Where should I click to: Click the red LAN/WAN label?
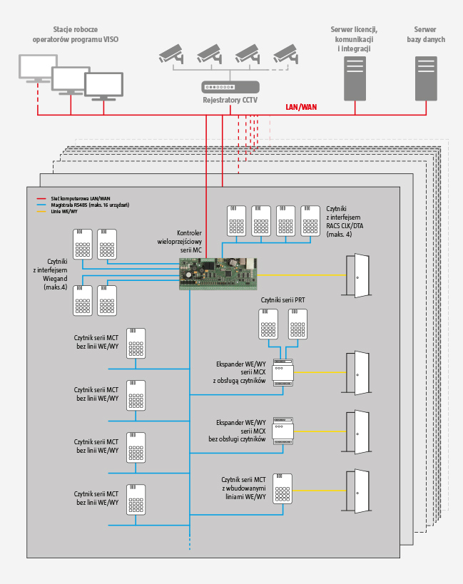(301, 107)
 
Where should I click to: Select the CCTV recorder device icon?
(230, 88)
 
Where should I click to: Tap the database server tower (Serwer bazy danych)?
(426, 78)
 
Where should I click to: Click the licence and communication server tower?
(355, 78)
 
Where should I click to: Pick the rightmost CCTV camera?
(285, 53)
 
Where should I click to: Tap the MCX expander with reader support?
(283, 373)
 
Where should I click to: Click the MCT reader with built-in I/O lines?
(283, 488)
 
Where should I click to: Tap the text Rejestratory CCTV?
(230, 101)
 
